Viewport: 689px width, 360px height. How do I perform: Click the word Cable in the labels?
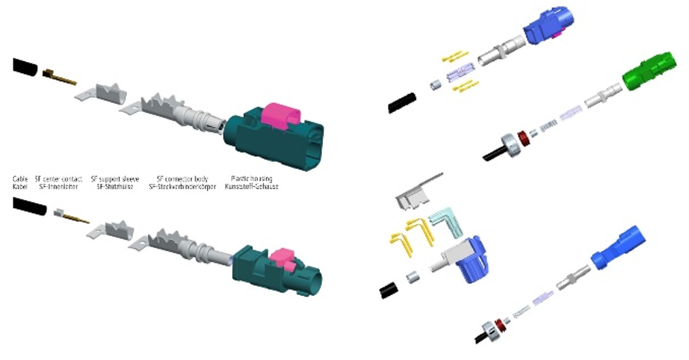coord(19,179)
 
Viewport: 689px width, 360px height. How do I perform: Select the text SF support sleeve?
coord(109,179)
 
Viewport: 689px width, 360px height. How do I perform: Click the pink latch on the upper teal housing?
coord(279,115)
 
